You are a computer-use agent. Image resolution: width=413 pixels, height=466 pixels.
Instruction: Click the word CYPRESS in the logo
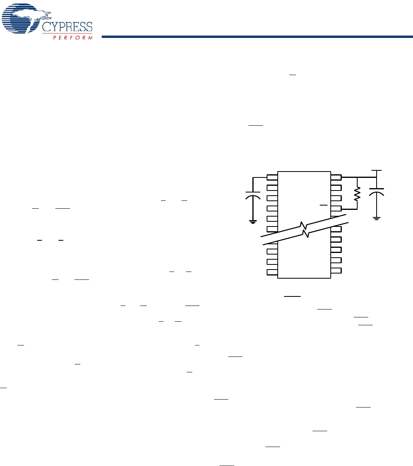67,27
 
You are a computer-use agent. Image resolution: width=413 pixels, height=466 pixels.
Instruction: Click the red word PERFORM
73,38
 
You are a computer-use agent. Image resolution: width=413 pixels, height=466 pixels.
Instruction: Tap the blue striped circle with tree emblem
21,18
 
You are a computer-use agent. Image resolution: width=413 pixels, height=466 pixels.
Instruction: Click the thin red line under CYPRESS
67,34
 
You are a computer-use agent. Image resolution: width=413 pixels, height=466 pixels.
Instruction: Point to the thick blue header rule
257,37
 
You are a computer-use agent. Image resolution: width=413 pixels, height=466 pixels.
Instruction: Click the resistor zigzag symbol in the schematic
357,194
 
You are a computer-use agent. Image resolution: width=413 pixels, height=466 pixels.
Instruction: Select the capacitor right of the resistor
376,192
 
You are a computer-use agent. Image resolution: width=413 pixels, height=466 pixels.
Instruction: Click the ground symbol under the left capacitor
253,222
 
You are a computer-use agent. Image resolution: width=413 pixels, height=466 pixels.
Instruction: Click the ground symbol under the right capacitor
376,219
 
